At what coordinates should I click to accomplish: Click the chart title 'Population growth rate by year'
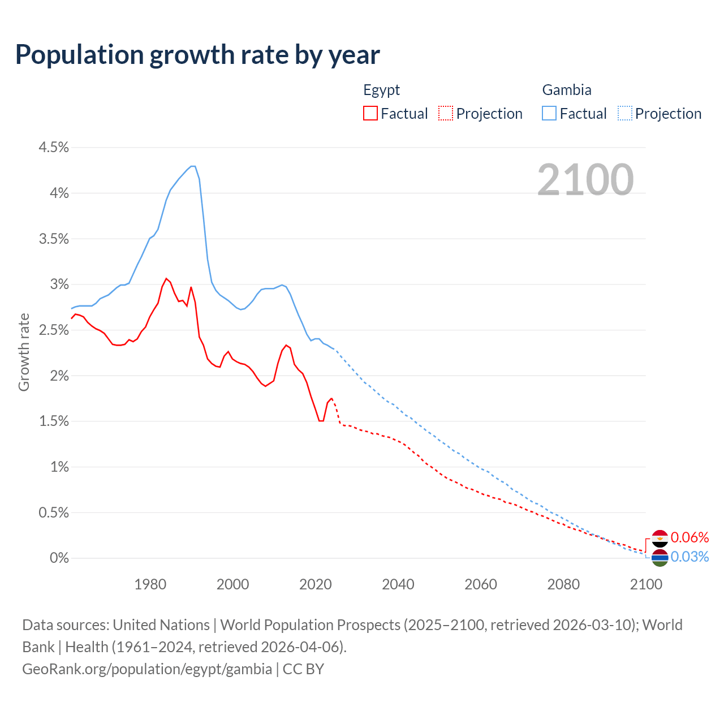pos(197,55)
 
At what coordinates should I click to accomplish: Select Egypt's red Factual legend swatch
pos(370,113)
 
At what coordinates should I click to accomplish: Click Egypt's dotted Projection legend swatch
pos(446,113)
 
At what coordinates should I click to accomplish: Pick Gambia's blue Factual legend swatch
pos(549,113)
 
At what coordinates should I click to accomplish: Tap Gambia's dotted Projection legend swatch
pos(625,113)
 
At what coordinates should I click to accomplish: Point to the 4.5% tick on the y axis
pos(54,148)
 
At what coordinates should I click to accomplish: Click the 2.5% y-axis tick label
pos(54,330)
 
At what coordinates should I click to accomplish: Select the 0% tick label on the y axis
pos(59,558)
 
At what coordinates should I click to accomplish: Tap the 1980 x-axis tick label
pos(150,584)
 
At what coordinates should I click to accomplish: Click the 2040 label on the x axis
pos(398,584)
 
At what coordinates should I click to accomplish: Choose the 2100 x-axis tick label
pos(645,584)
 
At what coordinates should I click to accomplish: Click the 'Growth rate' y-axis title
pos(24,352)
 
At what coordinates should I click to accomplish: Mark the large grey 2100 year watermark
pos(585,180)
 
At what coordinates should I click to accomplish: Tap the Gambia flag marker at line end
pos(660,558)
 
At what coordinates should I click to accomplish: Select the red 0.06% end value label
pos(689,537)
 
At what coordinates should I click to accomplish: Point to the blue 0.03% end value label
pos(689,557)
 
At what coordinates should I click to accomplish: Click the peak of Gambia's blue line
pos(193,166)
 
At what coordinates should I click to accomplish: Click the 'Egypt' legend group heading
pos(381,90)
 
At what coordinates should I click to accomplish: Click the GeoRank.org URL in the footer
pos(147,669)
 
